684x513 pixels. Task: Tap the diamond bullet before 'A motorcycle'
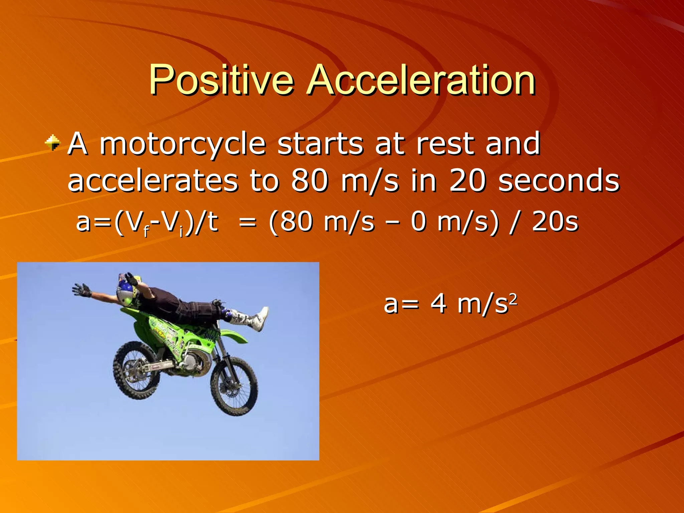(x=53, y=143)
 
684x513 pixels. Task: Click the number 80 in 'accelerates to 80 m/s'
(x=309, y=181)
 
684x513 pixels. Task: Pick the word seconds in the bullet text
(x=559, y=181)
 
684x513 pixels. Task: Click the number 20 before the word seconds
(x=467, y=181)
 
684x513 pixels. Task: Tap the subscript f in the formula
(x=146, y=232)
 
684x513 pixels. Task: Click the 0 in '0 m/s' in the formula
(x=418, y=222)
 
